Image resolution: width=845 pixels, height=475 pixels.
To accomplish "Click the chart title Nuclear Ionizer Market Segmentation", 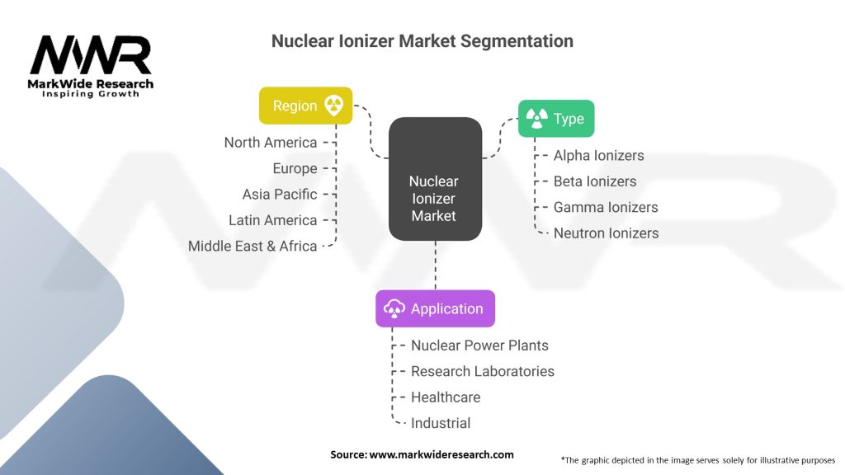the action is click(x=422, y=40).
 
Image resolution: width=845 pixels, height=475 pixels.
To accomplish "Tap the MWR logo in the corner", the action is click(x=91, y=66).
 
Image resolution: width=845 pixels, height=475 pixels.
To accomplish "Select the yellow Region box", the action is click(x=306, y=106).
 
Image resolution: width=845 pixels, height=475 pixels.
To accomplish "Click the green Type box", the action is click(x=555, y=119).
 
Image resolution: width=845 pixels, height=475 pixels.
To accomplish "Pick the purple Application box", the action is click(x=435, y=308).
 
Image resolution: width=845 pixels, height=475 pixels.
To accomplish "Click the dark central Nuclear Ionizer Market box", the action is click(x=434, y=198).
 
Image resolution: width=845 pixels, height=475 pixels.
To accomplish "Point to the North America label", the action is click(x=271, y=143).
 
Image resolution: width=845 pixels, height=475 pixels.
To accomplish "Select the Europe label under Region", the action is click(x=295, y=168).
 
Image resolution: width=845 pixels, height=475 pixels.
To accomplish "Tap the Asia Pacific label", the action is click(x=280, y=195).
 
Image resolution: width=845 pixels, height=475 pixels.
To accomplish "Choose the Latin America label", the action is click(x=273, y=220).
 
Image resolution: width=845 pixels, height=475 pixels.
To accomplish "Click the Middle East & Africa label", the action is click(x=253, y=246).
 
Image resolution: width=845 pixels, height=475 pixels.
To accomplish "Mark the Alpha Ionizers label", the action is click(x=598, y=155).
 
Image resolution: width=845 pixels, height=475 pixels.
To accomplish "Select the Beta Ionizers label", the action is click(x=595, y=181).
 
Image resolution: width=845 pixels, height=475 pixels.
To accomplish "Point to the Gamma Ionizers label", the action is click(x=606, y=207).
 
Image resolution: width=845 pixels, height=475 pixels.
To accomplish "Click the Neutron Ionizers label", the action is click(x=606, y=233).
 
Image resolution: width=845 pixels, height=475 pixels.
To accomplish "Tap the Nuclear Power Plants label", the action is click(x=479, y=346).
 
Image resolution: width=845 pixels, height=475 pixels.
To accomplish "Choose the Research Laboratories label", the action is click(x=483, y=371).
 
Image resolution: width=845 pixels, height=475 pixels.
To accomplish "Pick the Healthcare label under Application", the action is click(x=446, y=397).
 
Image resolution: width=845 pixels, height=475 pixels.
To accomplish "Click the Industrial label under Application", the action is click(x=441, y=423).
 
